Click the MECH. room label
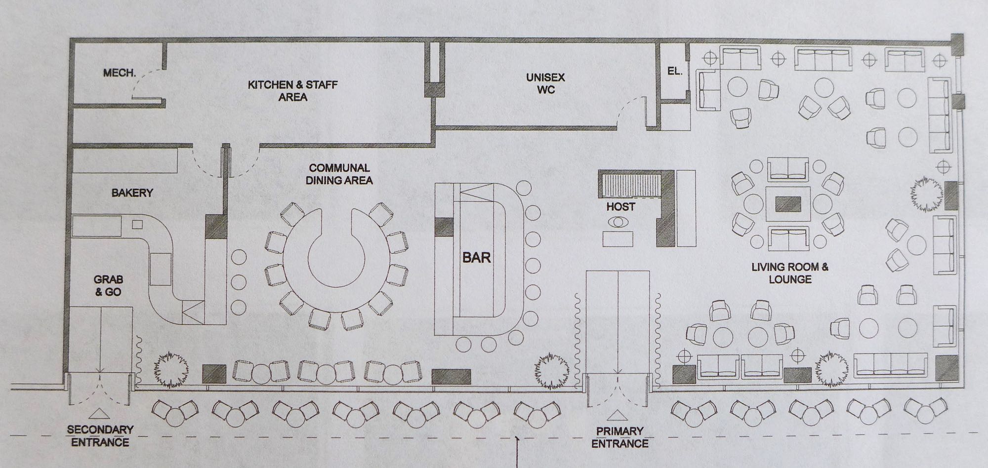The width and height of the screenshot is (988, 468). [x=119, y=73]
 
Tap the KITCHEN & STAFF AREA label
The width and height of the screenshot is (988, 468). [x=292, y=91]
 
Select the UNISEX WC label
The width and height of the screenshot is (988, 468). [x=545, y=83]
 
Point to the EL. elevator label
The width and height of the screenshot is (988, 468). [x=674, y=71]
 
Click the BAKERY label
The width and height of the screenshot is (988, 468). [x=132, y=193]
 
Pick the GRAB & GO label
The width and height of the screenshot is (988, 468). [x=108, y=286]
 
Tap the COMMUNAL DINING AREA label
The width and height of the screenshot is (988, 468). [x=339, y=174]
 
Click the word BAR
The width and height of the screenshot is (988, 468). [x=476, y=257]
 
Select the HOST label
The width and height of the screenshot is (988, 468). [x=620, y=207]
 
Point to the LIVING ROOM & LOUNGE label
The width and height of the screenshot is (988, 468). [x=790, y=273]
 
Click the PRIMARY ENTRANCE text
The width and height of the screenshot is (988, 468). [x=619, y=437]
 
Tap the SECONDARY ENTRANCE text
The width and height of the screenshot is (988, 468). [x=100, y=435]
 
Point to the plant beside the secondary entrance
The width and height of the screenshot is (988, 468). [x=171, y=369]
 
